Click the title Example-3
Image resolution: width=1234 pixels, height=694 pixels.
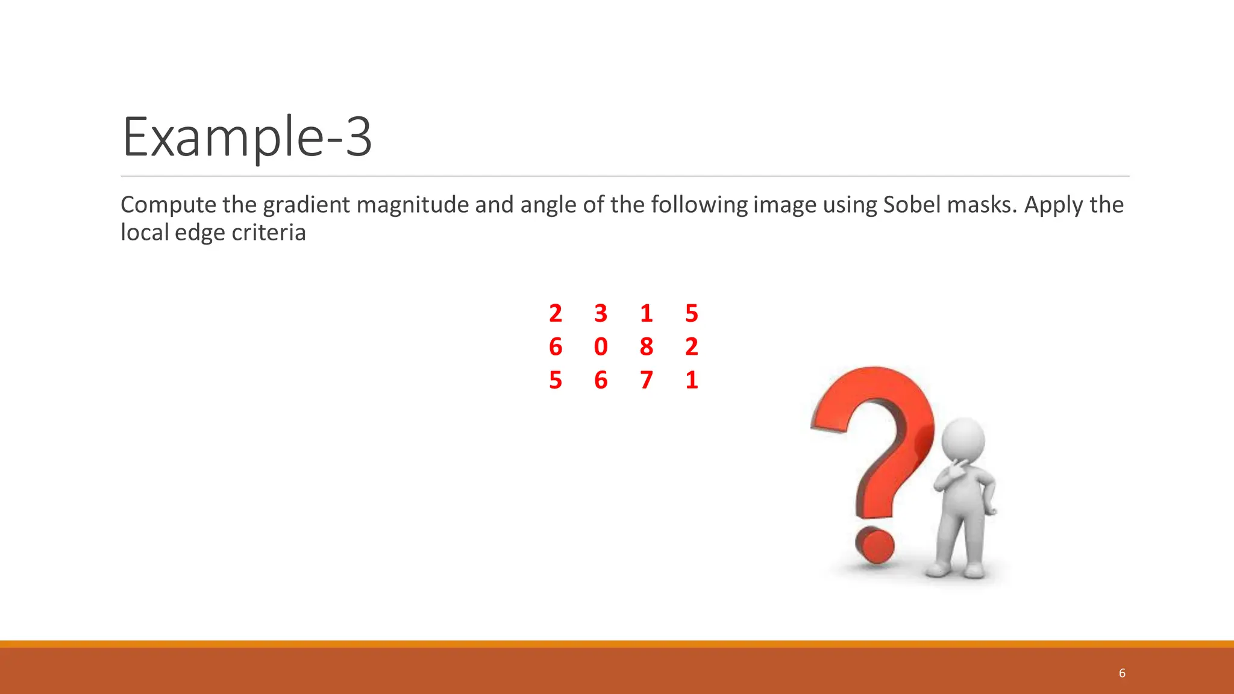[247, 137]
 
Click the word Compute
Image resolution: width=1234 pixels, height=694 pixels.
[168, 205]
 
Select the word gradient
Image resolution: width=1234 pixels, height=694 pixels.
[306, 205]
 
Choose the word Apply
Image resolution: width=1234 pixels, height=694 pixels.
[1047, 205]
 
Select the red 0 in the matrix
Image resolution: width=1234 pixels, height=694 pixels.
[601, 347]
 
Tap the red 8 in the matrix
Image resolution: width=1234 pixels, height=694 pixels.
[646, 347]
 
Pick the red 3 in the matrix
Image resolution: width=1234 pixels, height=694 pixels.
[601, 313]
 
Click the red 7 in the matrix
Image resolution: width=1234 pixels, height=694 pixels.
[646, 380]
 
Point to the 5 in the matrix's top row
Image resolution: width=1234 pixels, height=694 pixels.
[691, 313]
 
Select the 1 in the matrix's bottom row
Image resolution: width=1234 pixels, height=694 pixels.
[691, 380]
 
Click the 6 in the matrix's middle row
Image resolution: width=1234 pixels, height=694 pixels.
[556, 347]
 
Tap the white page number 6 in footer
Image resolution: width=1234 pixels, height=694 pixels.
[1122, 673]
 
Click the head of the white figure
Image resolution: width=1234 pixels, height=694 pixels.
[963, 440]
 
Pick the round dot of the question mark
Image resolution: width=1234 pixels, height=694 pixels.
[875, 546]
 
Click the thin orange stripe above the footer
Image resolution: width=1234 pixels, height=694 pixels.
[617, 644]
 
